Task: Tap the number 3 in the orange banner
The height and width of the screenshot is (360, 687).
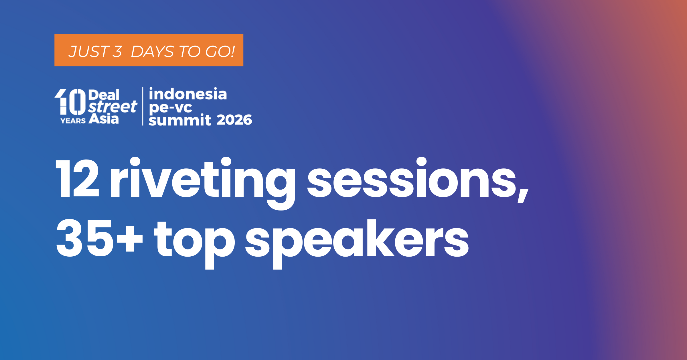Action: click(117, 52)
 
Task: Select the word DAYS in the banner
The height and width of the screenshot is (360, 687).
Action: click(152, 52)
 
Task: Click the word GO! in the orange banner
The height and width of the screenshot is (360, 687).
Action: click(220, 52)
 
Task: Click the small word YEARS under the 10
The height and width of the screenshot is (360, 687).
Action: click(73, 121)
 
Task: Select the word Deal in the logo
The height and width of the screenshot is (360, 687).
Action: click(104, 95)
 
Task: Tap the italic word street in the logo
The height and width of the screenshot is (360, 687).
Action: click(113, 107)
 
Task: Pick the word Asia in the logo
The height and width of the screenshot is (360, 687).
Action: click(104, 119)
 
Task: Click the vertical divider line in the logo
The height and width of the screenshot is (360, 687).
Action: click(143, 106)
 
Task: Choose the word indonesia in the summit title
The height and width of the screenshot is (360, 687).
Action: click(188, 94)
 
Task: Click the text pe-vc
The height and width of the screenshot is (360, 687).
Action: click(171, 108)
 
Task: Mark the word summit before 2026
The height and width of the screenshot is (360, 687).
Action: click(180, 120)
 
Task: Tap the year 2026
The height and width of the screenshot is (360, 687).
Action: click(234, 120)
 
